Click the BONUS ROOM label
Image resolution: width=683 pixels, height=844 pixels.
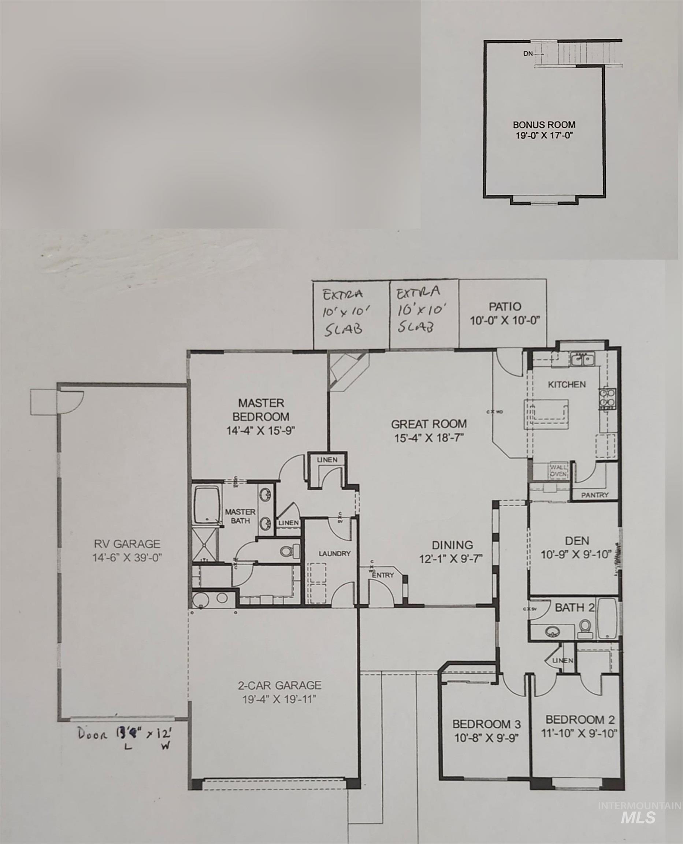click(x=544, y=125)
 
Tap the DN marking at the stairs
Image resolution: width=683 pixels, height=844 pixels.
click(x=528, y=54)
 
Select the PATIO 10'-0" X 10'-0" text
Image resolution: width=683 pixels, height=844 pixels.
click(x=504, y=313)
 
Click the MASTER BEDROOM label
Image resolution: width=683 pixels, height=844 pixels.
click(x=261, y=410)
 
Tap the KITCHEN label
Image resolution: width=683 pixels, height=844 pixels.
click(x=567, y=384)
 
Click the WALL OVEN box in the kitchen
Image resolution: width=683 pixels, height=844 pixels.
click(x=558, y=471)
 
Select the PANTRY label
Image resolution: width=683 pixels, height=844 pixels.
click(x=594, y=495)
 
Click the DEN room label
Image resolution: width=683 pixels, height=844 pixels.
click(x=577, y=541)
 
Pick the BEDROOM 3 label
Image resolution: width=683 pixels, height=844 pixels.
click(x=486, y=724)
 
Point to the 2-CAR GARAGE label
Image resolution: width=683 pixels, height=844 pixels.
click(x=279, y=685)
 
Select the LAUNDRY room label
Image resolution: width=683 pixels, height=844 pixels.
click(x=334, y=553)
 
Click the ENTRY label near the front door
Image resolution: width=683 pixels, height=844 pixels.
click(x=382, y=575)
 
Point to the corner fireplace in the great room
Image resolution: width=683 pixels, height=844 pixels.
click(x=346, y=370)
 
